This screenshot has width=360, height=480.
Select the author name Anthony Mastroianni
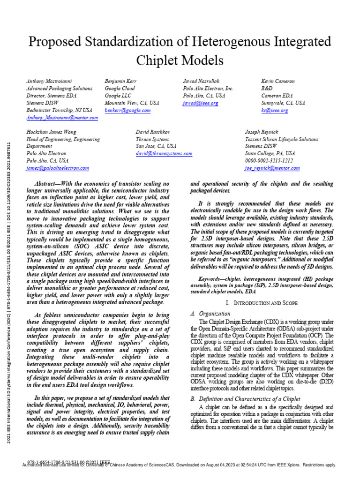click(x=49, y=81)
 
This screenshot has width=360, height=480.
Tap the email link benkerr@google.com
click(x=127, y=110)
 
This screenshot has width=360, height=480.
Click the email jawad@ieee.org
click(x=201, y=103)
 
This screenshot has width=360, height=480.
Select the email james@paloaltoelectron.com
click(x=57, y=168)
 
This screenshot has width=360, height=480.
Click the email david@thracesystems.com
click(x=164, y=153)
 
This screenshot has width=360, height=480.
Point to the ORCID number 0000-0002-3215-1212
click(x=269, y=160)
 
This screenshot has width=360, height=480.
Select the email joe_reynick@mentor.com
click(x=272, y=168)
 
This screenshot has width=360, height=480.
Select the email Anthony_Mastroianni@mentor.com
click(x=62, y=118)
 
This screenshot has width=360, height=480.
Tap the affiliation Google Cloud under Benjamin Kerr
click(x=120, y=88)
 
